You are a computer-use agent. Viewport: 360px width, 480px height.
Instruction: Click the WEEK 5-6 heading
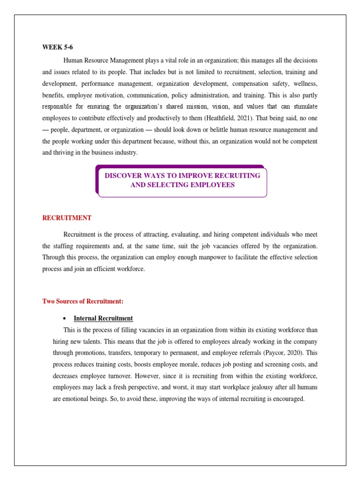58,47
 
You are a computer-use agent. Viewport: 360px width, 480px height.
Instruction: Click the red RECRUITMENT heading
67,218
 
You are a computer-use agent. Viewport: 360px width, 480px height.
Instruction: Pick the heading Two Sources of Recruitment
82,301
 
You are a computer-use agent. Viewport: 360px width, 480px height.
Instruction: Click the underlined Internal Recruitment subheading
103,318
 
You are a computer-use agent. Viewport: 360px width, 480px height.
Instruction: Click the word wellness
305,84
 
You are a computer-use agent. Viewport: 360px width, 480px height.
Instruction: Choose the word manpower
202,257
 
